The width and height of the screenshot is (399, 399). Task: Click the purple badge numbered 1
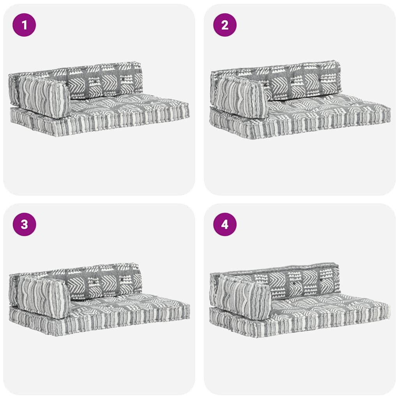[24, 25]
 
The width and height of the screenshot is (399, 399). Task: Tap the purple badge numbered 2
[225, 25]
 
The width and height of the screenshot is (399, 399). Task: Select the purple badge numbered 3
[24, 224]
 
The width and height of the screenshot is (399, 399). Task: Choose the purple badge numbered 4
[225, 224]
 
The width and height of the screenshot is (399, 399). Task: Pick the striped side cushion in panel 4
[244, 297]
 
